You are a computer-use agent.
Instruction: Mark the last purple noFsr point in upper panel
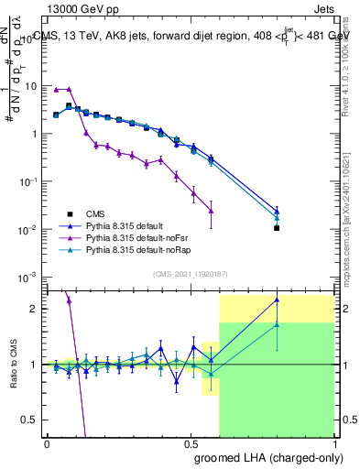212,211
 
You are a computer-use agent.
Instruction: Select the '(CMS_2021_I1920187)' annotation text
191,273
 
